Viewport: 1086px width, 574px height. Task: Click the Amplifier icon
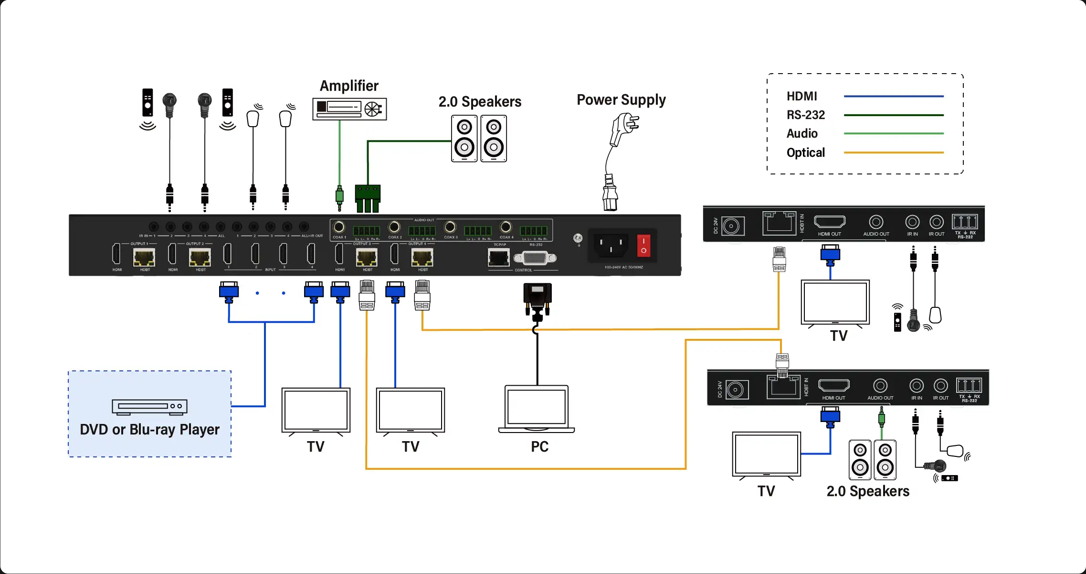tap(349, 109)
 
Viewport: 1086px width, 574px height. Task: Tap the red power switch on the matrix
tap(643, 246)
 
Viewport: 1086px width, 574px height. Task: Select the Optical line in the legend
tap(893, 152)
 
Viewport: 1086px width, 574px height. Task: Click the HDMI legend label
tap(801, 97)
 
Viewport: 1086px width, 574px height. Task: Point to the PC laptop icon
tap(537, 409)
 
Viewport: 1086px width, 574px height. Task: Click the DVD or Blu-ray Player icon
tap(149, 406)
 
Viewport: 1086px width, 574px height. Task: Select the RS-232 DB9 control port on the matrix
tap(535, 258)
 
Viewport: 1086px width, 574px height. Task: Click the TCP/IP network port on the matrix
tap(498, 258)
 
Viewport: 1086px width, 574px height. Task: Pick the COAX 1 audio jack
tap(339, 227)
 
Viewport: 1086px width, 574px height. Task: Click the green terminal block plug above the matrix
tap(368, 197)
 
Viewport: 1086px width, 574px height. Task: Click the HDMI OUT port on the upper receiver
tap(830, 222)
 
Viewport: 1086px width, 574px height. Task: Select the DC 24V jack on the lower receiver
tap(735, 390)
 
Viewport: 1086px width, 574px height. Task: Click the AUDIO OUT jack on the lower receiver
tap(880, 386)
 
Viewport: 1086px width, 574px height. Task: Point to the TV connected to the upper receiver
tap(835, 303)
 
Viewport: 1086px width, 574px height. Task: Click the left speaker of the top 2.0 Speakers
tap(464, 139)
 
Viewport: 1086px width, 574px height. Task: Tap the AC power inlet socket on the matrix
tap(611, 245)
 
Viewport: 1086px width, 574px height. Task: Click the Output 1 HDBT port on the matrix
tap(144, 258)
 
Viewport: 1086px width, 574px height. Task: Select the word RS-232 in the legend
tap(806, 115)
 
